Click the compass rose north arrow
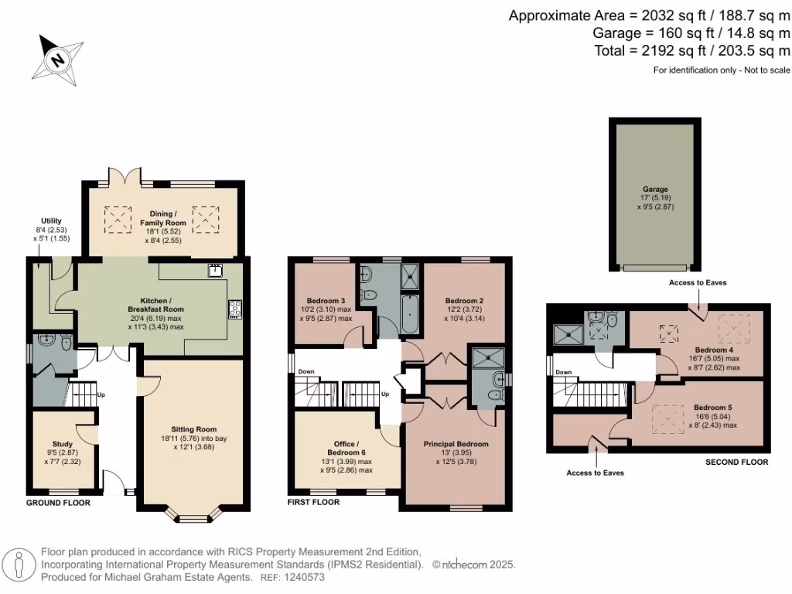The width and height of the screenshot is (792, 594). point(58,58)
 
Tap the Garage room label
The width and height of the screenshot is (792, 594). point(655,189)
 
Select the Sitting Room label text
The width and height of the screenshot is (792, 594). point(194,428)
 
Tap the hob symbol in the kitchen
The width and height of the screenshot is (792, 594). point(235,309)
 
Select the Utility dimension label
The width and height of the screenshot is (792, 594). point(51,230)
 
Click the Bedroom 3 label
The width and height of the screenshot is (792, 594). point(326,300)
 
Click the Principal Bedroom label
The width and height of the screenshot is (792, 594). point(456,444)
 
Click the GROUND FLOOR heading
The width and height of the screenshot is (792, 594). point(58,503)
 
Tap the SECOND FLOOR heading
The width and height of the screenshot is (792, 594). point(736,463)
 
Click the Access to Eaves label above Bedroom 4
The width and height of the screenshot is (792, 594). point(698,283)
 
